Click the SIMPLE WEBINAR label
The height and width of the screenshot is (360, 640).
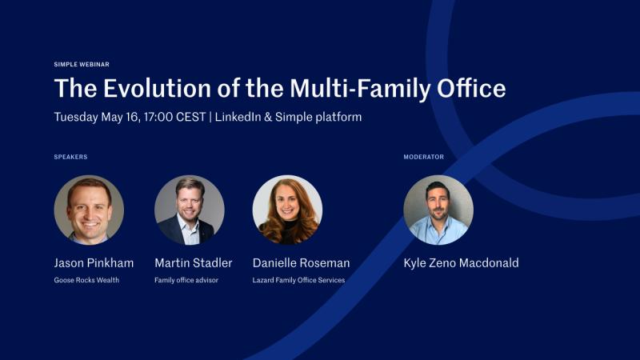pyautogui.click(x=82, y=65)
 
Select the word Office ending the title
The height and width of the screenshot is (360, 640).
pyautogui.click(x=471, y=88)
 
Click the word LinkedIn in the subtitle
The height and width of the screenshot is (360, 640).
pyautogui.click(x=238, y=117)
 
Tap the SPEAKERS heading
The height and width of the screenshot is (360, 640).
pyautogui.click(x=70, y=157)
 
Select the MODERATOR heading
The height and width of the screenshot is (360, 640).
pyautogui.click(x=424, y=157)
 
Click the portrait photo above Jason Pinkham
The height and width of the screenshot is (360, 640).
pyautogui.click(x=89, y=210)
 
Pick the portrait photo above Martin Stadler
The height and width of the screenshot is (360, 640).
pyautogui.click(x=190, y=210)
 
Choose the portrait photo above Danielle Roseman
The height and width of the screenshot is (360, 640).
pyautogui.click(x=287, y=210)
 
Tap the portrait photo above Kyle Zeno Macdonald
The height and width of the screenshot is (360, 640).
pyautogui.click(x=438, y=210)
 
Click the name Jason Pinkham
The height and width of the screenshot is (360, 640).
pyautogui.click(x=94, y=263)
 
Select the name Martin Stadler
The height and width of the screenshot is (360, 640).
pyautogui.click(x=194, y=263)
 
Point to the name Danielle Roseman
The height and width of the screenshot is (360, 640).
pyautogui.click(x=302, y=263)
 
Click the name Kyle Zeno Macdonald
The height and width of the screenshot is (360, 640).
pyautogui.click(x=462, y=263)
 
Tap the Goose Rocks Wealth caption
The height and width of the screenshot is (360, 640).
pyautogui.click(x=86, y=280)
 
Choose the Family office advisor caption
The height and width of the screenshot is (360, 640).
pyautogui.click(x=186, y=280)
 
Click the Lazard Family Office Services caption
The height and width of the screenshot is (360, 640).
pyautogui.click(x=298, y=280)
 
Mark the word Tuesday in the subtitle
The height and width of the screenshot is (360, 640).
pyautogui.click(x=76, y=118)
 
